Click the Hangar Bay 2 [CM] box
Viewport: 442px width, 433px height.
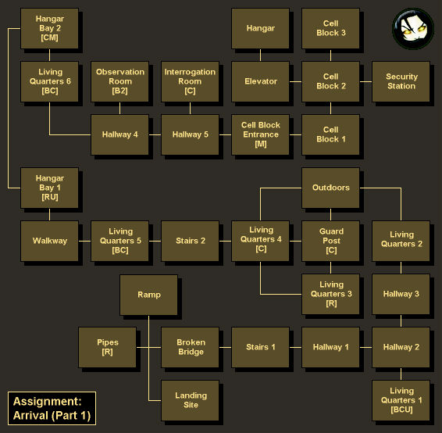[49, 28]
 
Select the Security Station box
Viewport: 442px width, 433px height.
[401, 81]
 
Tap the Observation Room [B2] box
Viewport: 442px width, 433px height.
[119, 81]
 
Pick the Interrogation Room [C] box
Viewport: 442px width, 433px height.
[190, 81]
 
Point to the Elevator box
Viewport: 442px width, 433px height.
[260, 81]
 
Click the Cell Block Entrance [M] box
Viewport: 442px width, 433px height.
[260, 134]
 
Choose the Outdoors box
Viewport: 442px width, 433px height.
[330, 188]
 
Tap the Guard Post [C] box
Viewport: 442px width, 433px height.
[330, 241]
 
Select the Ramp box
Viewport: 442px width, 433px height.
[148, 295]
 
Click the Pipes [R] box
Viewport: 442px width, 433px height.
[108, 347]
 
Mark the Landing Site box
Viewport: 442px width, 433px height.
[190, 400]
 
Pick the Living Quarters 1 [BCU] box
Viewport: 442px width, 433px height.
[401, 400]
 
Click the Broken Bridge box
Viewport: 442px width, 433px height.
[190, 347]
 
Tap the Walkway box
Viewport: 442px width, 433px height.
[49, 241]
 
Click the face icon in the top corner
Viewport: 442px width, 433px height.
[413, 28]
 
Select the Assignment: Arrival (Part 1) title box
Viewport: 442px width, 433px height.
[52, 408]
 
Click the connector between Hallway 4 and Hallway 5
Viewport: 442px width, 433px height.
[155, 135]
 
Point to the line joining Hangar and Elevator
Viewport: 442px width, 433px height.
[260, 55]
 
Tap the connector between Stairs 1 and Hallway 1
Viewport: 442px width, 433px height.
[295, 347]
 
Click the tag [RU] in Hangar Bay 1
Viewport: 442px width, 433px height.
[50, 197]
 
